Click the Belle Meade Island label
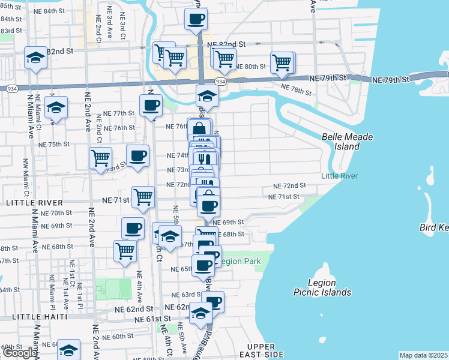348,142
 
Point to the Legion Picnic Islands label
322,287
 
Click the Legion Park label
240,262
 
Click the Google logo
19,353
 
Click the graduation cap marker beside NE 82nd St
35,58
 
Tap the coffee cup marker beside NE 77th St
151,106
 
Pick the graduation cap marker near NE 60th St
69,350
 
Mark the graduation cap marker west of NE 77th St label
56,107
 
